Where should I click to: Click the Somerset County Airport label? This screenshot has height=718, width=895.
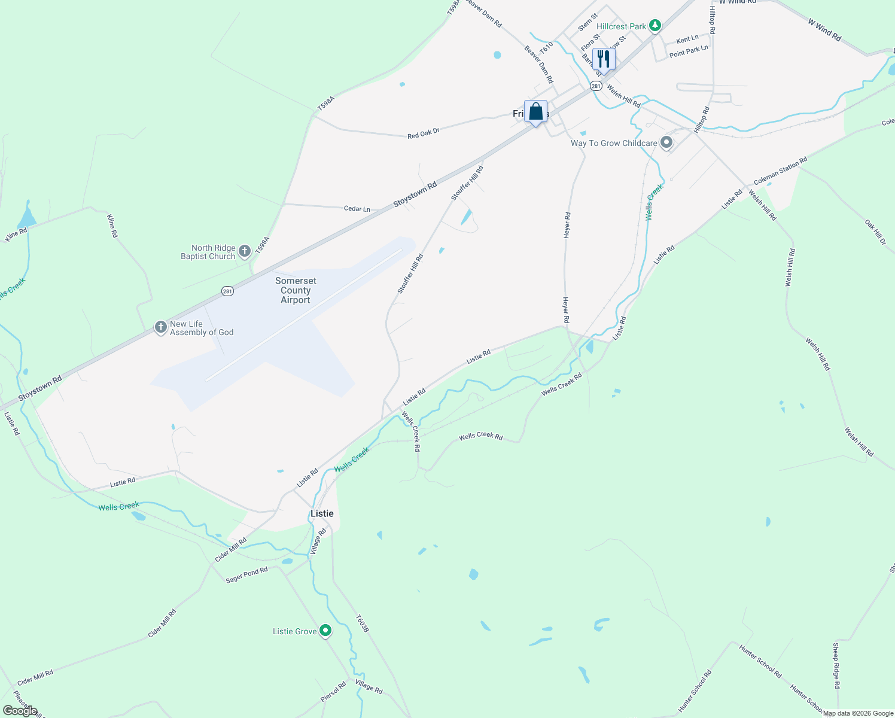click(x=296, y=290)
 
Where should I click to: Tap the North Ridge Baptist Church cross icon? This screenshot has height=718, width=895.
click(x=245, y=251)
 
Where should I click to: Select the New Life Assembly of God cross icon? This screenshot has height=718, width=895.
click(x=160, y=327)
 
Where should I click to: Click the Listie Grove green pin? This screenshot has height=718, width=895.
click(x=325, y=631)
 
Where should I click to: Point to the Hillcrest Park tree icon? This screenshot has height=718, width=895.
click(x=656, y=26)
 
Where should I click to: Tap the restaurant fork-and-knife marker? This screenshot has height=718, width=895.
click(x=604, y=59)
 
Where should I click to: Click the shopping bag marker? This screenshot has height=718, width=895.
click(x=535, y=111)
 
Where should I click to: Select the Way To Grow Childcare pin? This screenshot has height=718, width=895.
click(x=666, y=143)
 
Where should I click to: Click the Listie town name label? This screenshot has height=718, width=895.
click(x=322, y=513)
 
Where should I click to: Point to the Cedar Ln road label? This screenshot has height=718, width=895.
click(x=357, y=209)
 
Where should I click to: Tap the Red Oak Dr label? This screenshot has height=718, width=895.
click(x=424, y=133)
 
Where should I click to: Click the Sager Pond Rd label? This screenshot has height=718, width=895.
click(x=246, y=575)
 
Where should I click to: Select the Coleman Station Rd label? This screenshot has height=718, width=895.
click(x=780, y=171)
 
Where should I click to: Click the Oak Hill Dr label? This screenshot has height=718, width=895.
click(x=875, y=232)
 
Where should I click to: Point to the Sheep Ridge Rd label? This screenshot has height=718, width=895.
click(x=836, y=665)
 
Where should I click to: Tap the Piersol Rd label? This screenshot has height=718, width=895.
click(x=333, y=692)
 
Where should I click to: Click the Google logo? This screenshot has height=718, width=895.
click(x=20, y=711)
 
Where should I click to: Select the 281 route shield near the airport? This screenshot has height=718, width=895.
click(x=227, y=291)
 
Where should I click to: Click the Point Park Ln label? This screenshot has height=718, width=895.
click(x=689, y=51)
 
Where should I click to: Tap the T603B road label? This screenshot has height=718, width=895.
click(x=362, y=623)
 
